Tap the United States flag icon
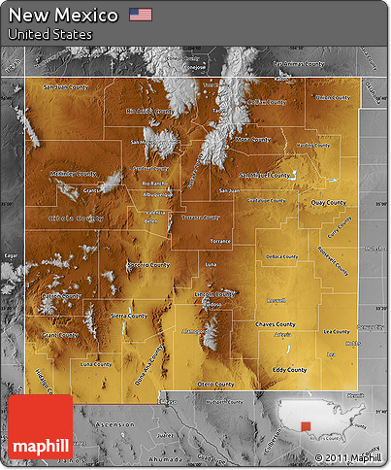(x=141, y=15)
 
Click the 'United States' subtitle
(x=49, y=34)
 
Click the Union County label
(x=332, y=97)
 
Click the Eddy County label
(x=289, y=369)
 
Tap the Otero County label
(x=215, y=384)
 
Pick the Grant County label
(x=59, y=335)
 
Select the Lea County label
(x=336, y=331)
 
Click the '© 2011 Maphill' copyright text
(x=347, y=457)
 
